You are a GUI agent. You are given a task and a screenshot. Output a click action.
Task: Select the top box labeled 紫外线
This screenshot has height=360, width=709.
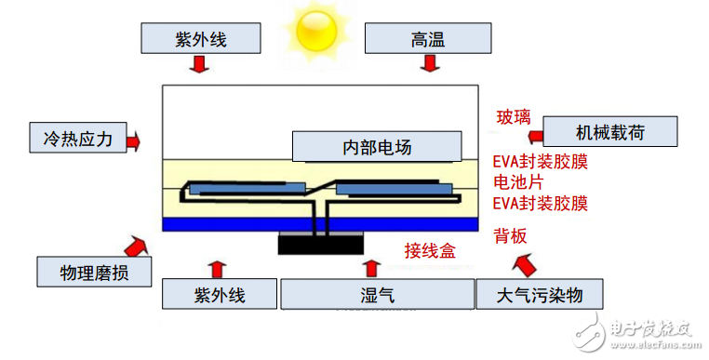[199, 39]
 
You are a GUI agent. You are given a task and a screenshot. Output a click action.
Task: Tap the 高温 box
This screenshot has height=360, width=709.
[428, 39]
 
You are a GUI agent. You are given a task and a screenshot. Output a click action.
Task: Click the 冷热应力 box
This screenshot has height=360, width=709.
[72, 139]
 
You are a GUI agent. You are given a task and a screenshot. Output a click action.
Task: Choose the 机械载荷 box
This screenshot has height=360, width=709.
[609, 131]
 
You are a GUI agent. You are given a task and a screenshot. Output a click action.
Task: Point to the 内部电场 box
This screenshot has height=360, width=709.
[377, 146]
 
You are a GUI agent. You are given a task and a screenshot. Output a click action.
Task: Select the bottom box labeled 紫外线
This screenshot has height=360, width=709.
[220, 295]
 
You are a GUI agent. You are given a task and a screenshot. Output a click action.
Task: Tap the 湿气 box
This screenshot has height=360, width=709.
[376, 295]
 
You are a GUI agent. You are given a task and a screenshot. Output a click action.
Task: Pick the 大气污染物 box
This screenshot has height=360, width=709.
[541, 295]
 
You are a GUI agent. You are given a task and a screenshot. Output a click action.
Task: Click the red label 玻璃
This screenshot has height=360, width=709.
[514, 117]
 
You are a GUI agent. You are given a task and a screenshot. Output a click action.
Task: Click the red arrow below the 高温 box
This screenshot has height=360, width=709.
[429, 64]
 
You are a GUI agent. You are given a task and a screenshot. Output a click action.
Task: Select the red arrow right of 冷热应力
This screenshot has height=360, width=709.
[133, 141]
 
